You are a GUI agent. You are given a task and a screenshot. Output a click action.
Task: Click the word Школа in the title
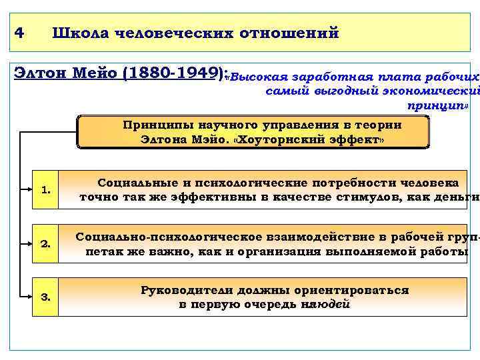79,32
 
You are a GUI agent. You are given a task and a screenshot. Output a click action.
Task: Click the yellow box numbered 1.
45,190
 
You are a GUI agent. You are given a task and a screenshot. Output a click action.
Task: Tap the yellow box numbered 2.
45,244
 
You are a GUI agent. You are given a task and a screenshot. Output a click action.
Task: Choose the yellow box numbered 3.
45,297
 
